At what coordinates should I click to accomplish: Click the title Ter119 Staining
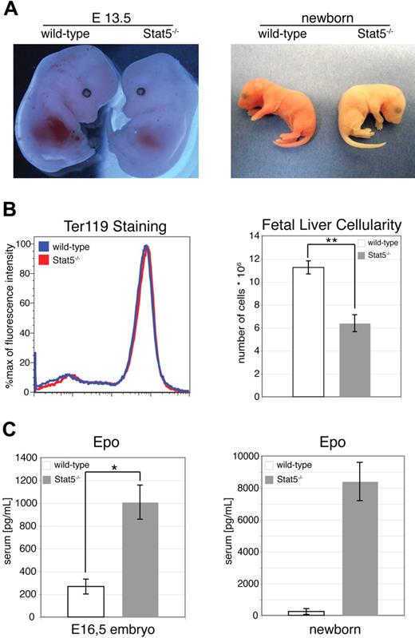(105, 227)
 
